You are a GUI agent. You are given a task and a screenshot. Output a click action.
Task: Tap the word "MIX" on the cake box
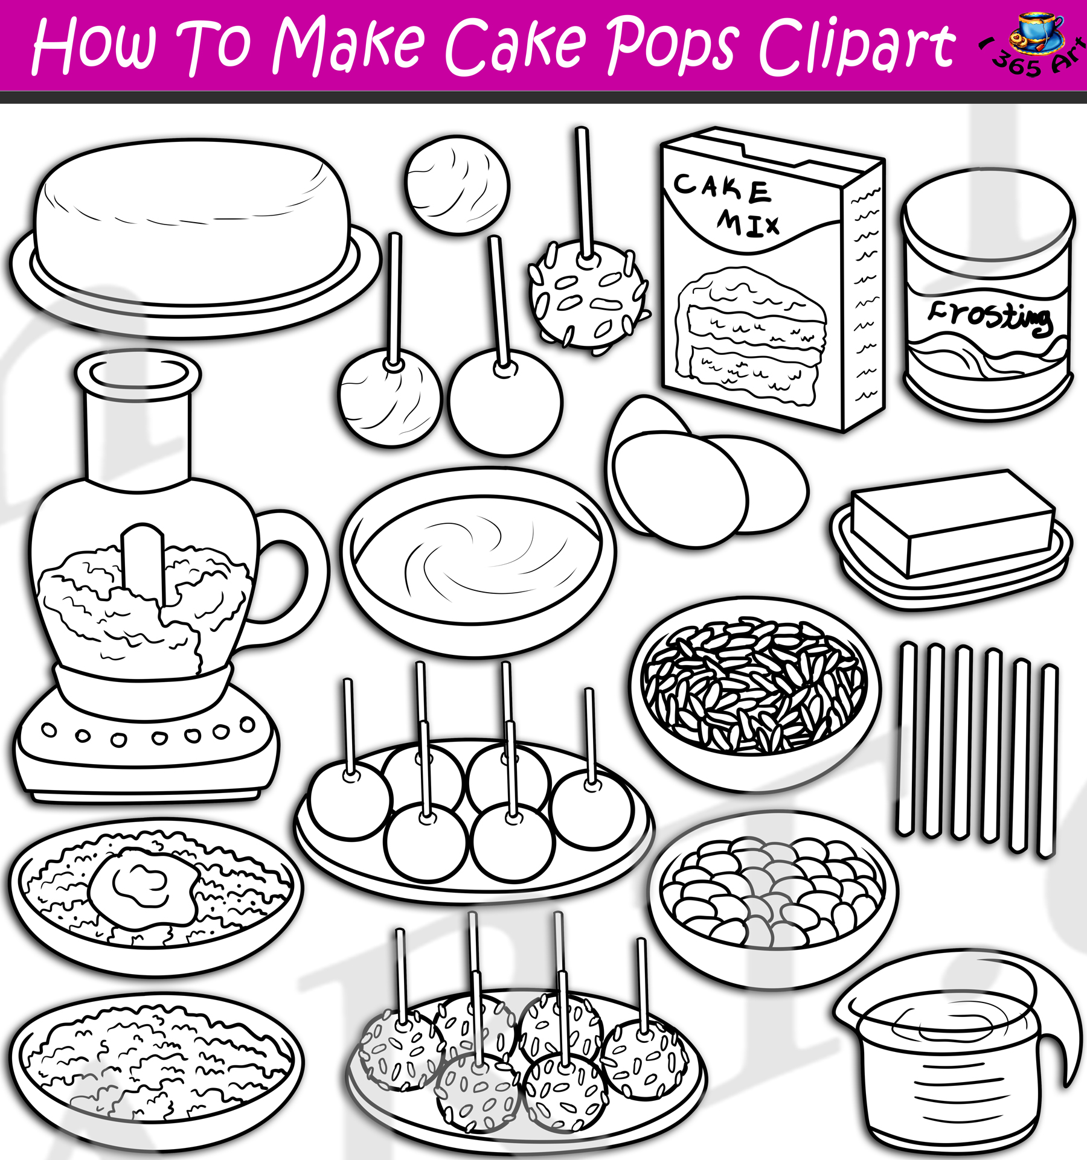(x=748, y=223)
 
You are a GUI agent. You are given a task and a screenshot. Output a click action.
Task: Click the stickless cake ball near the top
(x=457, y=184)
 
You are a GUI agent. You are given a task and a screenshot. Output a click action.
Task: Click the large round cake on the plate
(x=192, y=220)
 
